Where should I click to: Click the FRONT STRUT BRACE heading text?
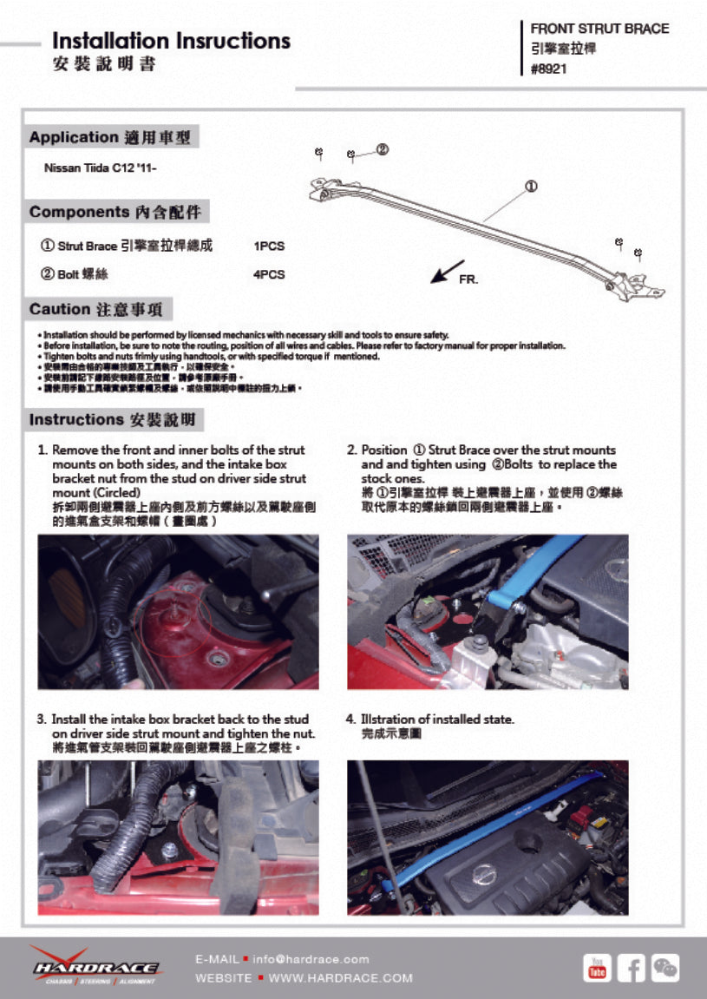coord(599,29)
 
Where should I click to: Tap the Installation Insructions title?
coord(171,41)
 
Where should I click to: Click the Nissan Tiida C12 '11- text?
coord(100,168)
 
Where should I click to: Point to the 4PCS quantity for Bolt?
coord(269,274)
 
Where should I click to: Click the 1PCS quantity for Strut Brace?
coord(269,246)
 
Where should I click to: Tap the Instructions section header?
coord(115,420)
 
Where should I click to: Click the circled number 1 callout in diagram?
coord(531,186)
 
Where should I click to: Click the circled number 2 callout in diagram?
coord(382,149)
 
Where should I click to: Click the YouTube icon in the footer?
coord(597,968)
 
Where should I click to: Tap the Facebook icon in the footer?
coord(632,968)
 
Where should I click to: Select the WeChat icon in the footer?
coord(665,968)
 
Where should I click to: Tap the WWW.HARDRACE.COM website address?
coord(341,978)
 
